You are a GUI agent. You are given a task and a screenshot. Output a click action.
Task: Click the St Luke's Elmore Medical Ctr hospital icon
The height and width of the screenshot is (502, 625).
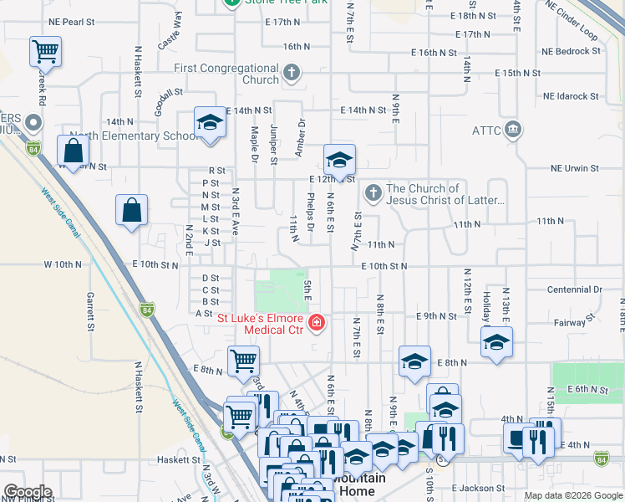(x=317, y=323)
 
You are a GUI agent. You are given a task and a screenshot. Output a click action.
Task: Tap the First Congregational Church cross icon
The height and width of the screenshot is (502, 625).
(x=292, y=73)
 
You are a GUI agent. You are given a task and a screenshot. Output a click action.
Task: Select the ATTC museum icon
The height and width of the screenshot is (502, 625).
(x=513, y=130)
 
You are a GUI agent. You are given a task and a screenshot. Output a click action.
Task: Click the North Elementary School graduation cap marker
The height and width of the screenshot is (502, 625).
(x=209, y=124)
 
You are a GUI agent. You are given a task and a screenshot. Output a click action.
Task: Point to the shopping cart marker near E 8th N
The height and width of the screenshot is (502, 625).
(x=243, y=361)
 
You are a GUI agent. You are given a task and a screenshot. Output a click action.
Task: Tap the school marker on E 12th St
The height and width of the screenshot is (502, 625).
(x=339, y=159)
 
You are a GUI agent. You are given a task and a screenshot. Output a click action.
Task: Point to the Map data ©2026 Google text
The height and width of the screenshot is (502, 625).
(x=573, y=495)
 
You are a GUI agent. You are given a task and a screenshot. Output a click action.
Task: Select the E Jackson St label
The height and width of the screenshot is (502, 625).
(x=479, y=488)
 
